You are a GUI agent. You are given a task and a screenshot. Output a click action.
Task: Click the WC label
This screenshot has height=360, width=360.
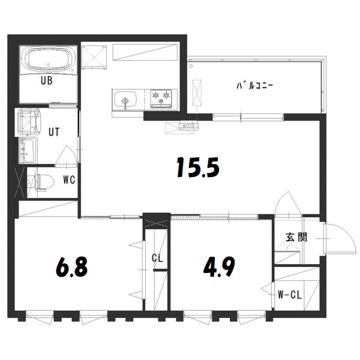(x=68, y=179)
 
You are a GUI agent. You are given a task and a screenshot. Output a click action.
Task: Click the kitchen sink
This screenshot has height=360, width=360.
(x=126, y=100)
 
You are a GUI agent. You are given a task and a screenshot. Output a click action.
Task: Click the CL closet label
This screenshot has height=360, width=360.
(x=157, y=259)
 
